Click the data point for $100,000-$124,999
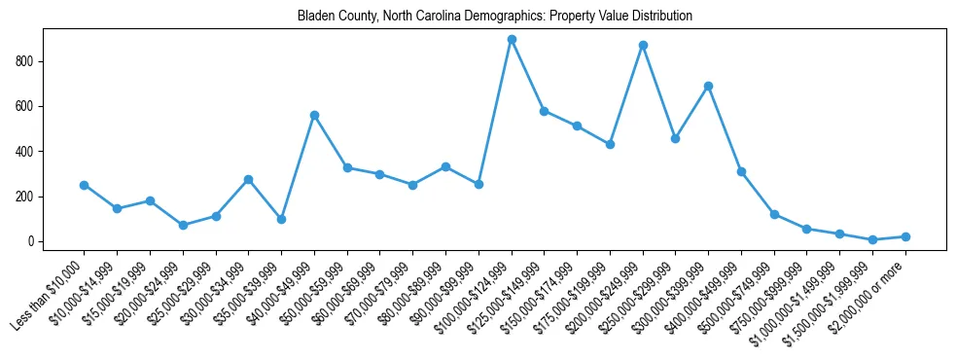pyautogui.click(x=512, y=40)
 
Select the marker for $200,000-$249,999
pyautogui.click(x=643, y=45)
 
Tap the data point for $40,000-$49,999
pyautogui.click(x=314, y=115)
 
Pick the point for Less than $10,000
pyautogui.click(x=84, y=185)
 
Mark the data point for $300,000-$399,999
pyautogui.click(x=709, y=86)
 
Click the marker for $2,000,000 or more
pyautogui.click(x=905, y=236)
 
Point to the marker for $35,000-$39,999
pyautogui.click(x=281, y=219)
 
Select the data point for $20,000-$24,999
pyautogui.click(x=183, y=225)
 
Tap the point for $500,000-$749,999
pyautogui.click(x=774, y=214)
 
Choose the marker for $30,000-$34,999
pyautogui.click(x=248, y=179)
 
